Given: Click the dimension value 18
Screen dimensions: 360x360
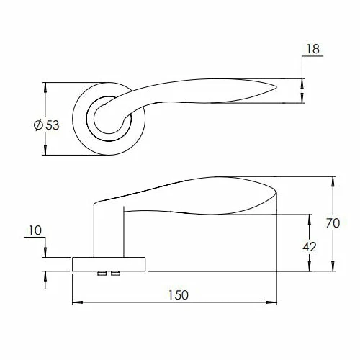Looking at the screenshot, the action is point(313,49).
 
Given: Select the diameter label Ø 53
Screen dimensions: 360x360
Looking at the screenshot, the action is point(47,125).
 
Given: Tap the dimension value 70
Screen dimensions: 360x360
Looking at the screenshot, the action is point(333,223).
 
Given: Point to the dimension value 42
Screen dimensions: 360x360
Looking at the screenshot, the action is point(310,247).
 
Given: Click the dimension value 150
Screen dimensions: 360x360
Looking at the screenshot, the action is point(179,295).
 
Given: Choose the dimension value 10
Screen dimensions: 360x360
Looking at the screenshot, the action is point(35,230).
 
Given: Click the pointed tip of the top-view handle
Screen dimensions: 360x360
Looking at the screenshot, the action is point(276,87).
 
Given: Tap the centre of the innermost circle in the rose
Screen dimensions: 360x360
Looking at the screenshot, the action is point(108,119).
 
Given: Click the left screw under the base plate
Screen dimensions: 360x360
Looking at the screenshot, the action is point(102,273).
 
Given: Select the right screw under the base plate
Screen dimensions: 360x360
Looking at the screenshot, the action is point(116,273).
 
